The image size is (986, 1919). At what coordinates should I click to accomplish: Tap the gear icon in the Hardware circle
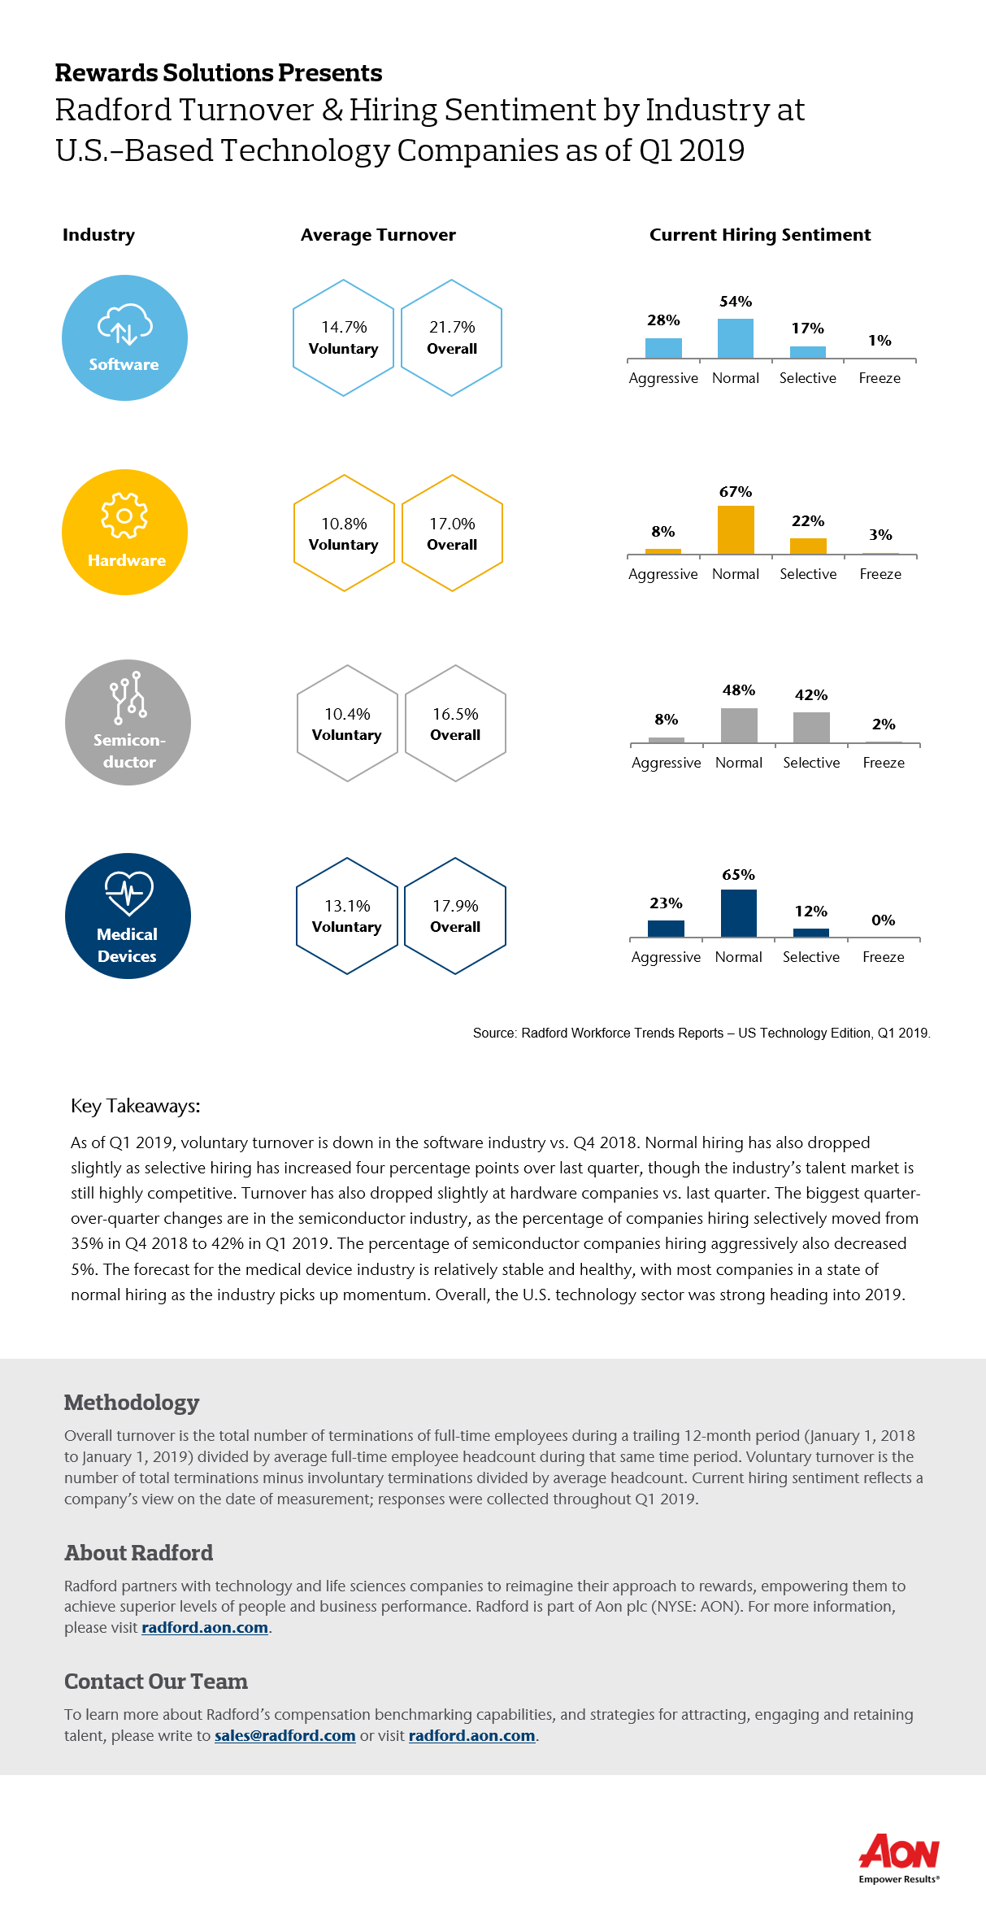click(x=124, y=516)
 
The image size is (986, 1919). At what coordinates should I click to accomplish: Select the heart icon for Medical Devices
click(x=128, y=894)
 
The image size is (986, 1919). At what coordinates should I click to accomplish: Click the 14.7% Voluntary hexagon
click(x=344, y=338)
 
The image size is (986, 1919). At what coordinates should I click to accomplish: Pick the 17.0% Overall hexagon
click(x=452, y=533)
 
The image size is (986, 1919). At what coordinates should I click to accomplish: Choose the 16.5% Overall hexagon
click(x=455, y=724)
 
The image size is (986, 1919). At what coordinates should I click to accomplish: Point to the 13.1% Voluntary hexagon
click(x=347, y=916)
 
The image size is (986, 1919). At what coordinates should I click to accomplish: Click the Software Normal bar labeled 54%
click(x=736, y=338)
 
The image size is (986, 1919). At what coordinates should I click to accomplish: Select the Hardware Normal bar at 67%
click(x=736, y=530)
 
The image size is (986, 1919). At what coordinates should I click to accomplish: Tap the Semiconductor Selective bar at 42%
click(x=811, y=728)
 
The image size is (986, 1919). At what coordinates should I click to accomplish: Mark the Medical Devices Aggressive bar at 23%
click(x=666, y=929)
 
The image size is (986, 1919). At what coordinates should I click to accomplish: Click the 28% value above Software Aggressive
click(x=663, y=320)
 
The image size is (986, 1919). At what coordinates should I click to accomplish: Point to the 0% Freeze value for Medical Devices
click(x=883, y=920)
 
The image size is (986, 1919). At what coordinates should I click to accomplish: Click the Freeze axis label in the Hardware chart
click(x=880, y=574)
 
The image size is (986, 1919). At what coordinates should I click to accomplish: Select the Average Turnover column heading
click(x=378, y=235)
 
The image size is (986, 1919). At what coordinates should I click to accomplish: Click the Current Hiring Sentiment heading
click(x=760, y=235)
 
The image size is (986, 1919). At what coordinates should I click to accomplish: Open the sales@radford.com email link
click(x=285, y=1736)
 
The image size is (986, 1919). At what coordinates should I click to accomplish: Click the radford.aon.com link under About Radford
click(x=205, y=1628)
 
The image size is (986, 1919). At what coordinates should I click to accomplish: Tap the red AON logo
click(x=899, y=1852)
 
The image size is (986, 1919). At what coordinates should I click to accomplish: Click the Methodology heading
click(x=132, y=1403)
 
